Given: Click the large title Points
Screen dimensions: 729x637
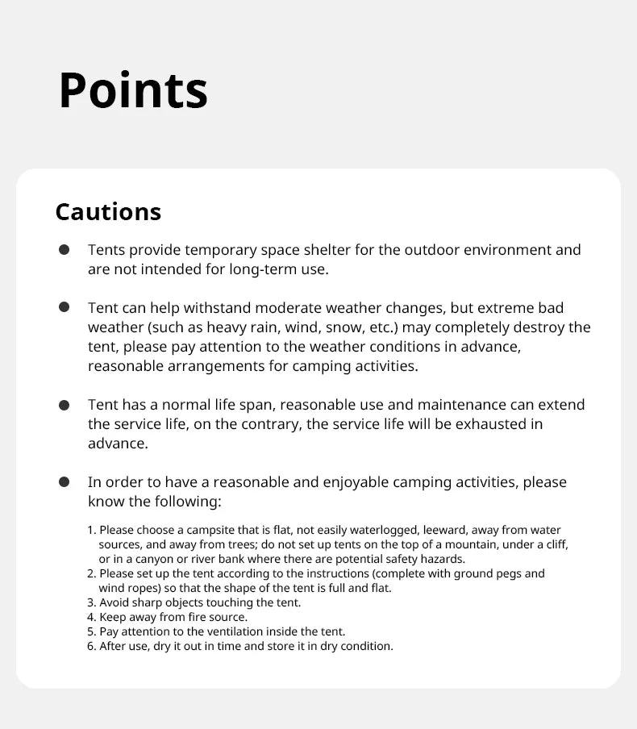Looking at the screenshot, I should pyautogui.click(x=133, y=90).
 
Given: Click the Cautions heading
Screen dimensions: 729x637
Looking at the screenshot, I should pyautogui.click(x=108, y=211).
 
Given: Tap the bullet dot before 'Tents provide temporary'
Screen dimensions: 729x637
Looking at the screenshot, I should pyautogui.click(x=64, y=250).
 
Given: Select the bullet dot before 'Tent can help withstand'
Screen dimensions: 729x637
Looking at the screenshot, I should pyautogui.click(x=64, y=308).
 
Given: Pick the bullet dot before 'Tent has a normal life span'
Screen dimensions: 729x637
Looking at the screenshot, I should pyautogui.click(x=64, y=405).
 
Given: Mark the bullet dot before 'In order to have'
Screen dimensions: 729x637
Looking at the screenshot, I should pyautogui.click(x=64, y=482).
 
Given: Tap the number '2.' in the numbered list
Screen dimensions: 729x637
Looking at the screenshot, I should pyautogui.click(x=91, y=574).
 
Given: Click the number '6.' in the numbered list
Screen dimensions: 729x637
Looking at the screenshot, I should pyautogui.click(x=91, y=646).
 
